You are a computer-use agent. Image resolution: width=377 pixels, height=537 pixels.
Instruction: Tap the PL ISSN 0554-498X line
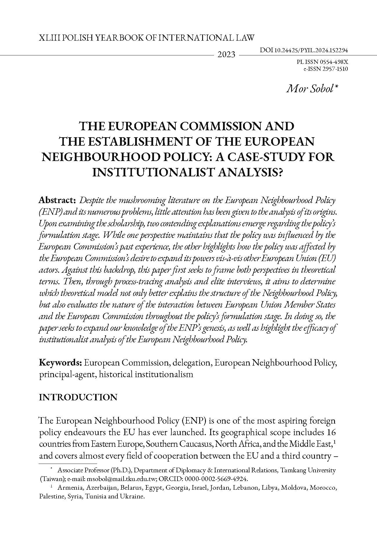tap(322, 62)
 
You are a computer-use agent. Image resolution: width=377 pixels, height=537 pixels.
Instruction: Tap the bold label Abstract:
tap(57, 200)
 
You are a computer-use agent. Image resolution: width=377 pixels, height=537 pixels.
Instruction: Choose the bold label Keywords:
tap(61, 363)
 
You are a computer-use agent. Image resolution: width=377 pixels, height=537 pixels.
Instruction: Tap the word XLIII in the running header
tap(48, 37)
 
